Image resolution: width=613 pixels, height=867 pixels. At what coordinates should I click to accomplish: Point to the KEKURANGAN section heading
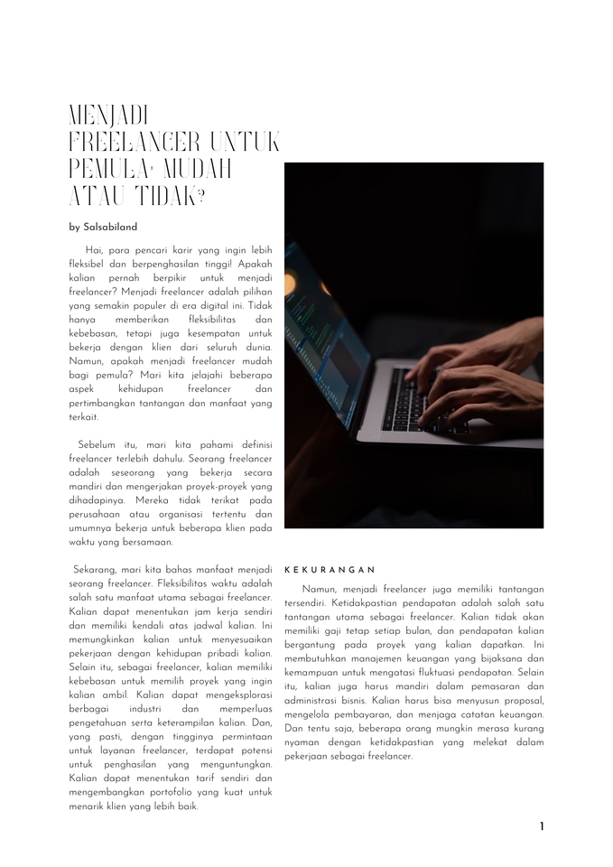(x=330, y=570)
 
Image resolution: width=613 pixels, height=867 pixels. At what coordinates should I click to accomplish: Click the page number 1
(x=542, y=826)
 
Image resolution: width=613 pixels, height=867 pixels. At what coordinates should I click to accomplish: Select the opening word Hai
(x=93, y=249)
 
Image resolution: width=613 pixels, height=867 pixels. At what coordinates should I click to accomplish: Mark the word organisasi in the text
(x=176, y=514)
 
